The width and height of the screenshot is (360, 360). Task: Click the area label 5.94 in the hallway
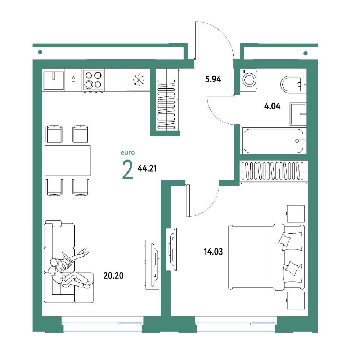point(213,80)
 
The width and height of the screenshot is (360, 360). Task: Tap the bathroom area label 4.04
point(272,106)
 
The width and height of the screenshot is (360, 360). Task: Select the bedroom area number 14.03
point(213,252)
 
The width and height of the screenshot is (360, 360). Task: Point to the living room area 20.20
point(113,275)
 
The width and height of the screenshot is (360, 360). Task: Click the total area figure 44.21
point(147,168)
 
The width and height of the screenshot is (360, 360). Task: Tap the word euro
point(128,153)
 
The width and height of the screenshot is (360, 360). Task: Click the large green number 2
point(128,170)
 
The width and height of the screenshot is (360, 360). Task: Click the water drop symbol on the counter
point(73,79)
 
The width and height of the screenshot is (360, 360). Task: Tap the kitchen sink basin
point(54,80)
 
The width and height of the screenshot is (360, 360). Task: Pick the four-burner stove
point(93,80)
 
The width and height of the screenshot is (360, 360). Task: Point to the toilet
point(293,84)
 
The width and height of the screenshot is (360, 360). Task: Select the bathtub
point(274,141)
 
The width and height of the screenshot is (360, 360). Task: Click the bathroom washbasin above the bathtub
point(298,114)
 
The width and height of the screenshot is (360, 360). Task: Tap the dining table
point(68,161)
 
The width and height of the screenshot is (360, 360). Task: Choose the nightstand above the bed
point(296,214)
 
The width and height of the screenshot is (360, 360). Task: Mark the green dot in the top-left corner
point(40,52)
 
